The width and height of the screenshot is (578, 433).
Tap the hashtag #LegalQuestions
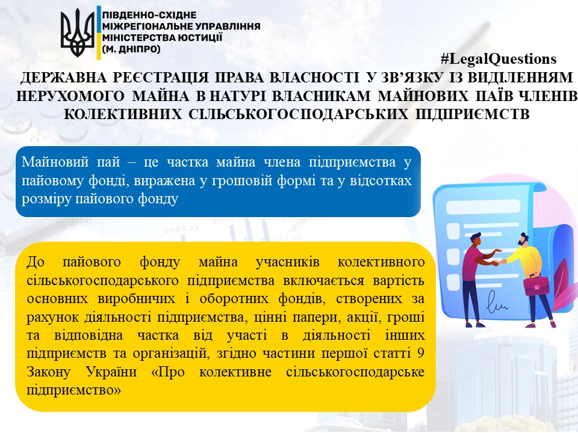(x=499, y=59)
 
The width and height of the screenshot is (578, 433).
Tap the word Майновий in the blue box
(x=55, y=162)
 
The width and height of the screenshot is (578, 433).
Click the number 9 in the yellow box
(x=420, y=354)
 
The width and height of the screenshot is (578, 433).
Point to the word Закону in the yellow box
(x=48, y=372)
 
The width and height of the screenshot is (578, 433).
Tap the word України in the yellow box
(x=111, y=372)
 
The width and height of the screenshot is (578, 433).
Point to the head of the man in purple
(x=475, y=240)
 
